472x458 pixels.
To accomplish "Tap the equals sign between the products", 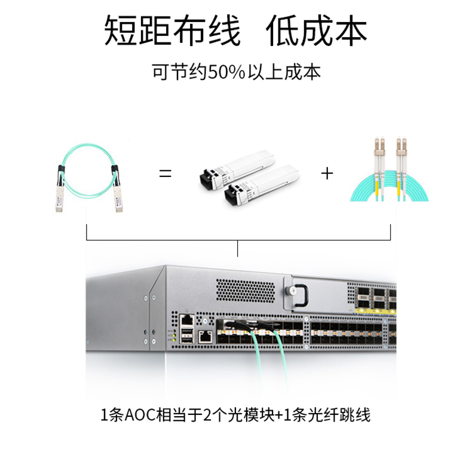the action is tap(165, 174).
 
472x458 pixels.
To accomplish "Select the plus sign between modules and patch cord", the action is tap(327, 174).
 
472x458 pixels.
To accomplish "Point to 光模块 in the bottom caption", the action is tap(257, 414).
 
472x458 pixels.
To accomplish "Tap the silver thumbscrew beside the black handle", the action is tap(292, 291).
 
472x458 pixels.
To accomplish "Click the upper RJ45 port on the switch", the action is tap(188, 319).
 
